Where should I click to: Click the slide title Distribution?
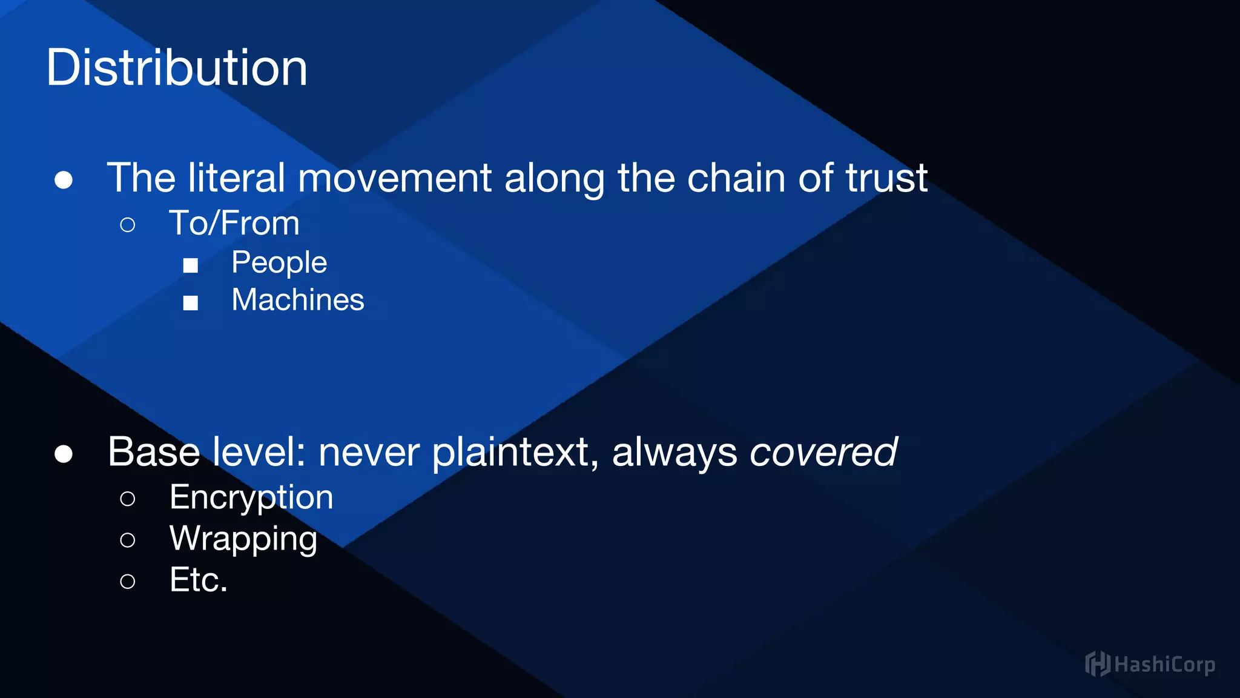pos(177,68)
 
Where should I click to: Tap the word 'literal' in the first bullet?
pos(236,178)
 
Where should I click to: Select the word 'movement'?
pos(394,178)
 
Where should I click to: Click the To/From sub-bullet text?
pos(234,223)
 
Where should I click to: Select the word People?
pos(279,263)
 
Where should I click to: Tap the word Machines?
pos(298,300)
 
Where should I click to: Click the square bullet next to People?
pos(191,265)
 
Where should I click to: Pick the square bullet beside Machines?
pos(191,302)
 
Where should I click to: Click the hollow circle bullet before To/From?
pos(128,225)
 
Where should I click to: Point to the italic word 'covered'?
pos(823,452)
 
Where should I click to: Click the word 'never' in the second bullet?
pos(369,452)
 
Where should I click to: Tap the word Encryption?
pos(251,498)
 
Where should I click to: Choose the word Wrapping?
pos(243,539)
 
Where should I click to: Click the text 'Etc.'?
pos(199,580)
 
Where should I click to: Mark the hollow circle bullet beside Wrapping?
pos(128,540)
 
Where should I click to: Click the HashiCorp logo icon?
pos(1097,664)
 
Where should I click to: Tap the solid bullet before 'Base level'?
pos(64,454)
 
